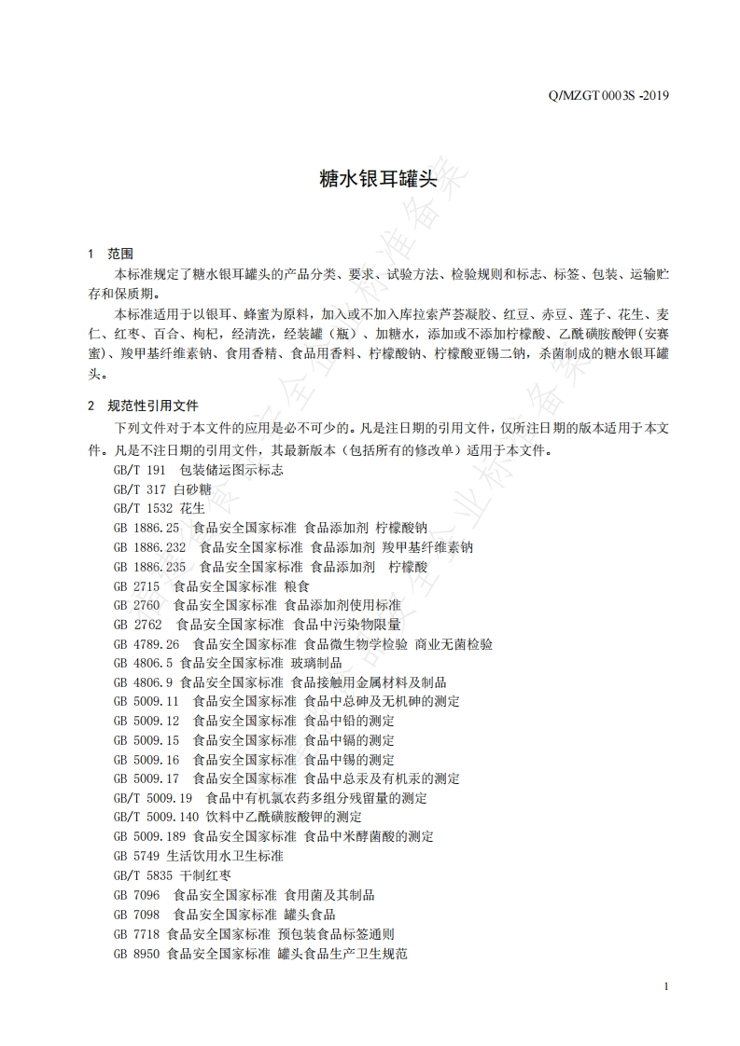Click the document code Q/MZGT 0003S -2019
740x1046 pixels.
coord(610,95)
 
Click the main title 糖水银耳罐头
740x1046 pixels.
coord(370,179)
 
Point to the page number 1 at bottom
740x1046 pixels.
coord(664,987)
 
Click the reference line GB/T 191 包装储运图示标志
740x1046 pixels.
coord(198,470)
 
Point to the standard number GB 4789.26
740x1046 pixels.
coord(146,644)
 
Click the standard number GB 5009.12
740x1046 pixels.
coord(146,721)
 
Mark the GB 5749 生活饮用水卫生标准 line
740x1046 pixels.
coord(198,856)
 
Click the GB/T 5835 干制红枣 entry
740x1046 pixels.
coord(173,875)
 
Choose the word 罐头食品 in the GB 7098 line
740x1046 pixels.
coord(307,915)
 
